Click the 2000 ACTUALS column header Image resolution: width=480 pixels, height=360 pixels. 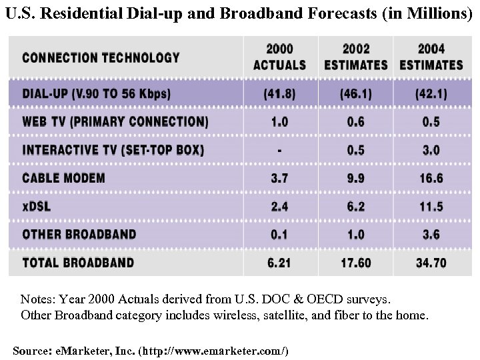coord(280,57)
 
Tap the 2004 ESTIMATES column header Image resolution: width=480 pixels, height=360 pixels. coord(431,57)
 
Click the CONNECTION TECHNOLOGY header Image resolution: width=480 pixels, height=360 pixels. coord(101,57)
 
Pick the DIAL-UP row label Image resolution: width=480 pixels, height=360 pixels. coord(97,94)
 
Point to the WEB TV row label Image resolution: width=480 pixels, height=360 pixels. coord(115,122)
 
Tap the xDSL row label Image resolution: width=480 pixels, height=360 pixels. coord(37,206)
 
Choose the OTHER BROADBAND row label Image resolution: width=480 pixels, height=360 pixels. coord(79,234)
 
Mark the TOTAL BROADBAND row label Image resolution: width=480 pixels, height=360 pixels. coord(78,263)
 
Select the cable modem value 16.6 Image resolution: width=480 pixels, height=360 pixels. coord(430,178)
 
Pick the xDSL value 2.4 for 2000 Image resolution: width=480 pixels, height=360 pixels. coord(280,206)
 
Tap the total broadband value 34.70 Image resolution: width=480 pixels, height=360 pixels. coord(430,263)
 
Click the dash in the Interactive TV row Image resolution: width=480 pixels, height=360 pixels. coord(280,150)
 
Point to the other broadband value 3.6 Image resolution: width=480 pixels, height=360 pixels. coord(430,234)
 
